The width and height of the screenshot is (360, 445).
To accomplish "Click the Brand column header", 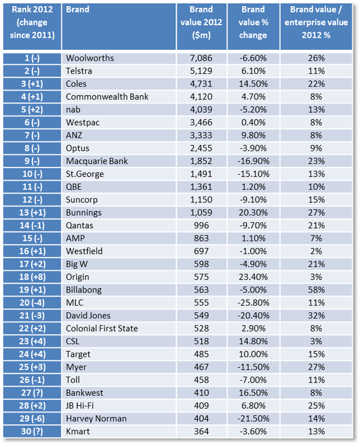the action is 77,10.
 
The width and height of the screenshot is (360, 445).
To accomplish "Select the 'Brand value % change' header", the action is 253,22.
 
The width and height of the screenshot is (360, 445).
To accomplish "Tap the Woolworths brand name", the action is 90,58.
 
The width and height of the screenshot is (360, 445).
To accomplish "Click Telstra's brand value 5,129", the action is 201,71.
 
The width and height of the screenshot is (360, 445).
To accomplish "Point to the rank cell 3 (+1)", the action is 32,84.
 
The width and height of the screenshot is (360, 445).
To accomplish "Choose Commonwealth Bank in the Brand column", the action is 107,97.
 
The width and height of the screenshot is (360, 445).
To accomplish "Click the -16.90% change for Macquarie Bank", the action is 253,161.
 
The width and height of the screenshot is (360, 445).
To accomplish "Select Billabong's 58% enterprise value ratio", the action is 316,290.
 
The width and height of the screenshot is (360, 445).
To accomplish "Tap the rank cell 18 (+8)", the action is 32,277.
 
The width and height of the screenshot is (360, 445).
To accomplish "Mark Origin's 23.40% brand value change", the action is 253,277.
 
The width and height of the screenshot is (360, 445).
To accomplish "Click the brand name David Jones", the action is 88,316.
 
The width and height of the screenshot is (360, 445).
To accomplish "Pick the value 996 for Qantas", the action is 201,226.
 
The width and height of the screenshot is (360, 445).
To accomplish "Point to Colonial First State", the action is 102,328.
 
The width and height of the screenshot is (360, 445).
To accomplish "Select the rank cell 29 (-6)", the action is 32,419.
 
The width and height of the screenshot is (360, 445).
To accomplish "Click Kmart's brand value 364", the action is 201,431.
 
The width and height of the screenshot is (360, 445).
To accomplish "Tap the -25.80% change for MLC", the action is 253,303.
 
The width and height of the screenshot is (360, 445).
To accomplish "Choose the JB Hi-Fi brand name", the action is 80,405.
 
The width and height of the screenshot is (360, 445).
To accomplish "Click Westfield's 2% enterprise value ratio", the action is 316,251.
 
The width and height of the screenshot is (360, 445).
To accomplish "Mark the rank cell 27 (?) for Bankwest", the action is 32,393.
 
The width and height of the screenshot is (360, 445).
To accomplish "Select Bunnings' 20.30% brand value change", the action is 253,213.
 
